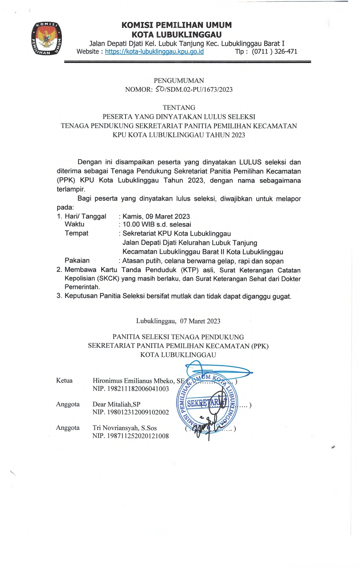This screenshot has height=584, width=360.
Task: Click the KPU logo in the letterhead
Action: [x=47, y=39]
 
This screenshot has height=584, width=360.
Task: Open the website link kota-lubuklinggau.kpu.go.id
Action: [x=154, y=52]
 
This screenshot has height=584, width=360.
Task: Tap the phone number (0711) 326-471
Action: [x=274, y=52]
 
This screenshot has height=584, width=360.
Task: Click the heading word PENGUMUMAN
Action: [x=179, y=80]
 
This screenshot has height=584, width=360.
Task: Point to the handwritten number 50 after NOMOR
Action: [x=159, y=89]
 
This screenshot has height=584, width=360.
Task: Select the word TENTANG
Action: [x=179, y=107]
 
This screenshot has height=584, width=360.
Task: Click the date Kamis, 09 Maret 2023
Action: [x=156, y=216]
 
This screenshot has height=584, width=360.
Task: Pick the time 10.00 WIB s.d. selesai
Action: [x=157, y=224]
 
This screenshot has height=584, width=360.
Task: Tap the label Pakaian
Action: [x=77, y=260]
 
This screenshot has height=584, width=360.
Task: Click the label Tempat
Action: [x=77, y=233]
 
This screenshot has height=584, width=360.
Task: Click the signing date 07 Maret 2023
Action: [x=200, y=321]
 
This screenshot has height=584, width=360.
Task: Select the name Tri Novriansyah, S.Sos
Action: [x=124, y=428]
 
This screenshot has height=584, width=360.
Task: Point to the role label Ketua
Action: [x=64, y=381]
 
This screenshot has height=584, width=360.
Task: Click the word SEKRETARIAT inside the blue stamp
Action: [x=207, y=403]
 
